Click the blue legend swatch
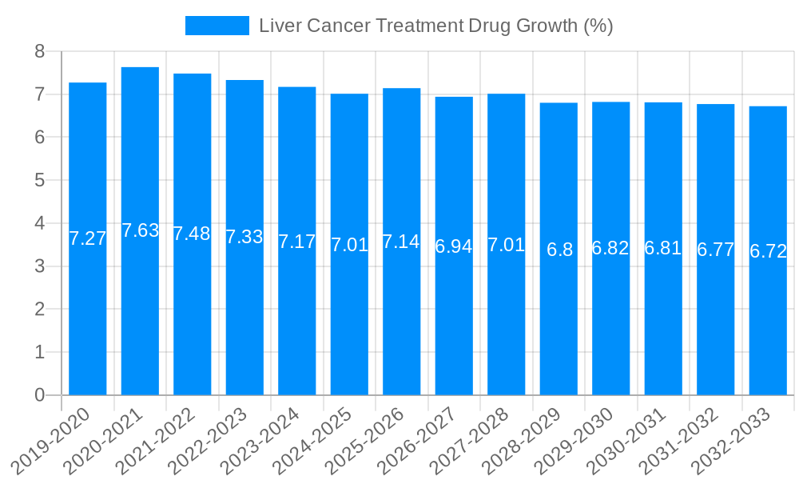point(217,26)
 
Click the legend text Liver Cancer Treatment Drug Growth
point(435,26)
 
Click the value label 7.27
point(87,238)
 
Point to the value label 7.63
point(140,231)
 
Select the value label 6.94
point(454,246)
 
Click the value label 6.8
point(559,250)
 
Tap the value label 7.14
point(401,242)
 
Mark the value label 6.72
point(768,251)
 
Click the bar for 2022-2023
point(244,320)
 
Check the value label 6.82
point(610,248)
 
